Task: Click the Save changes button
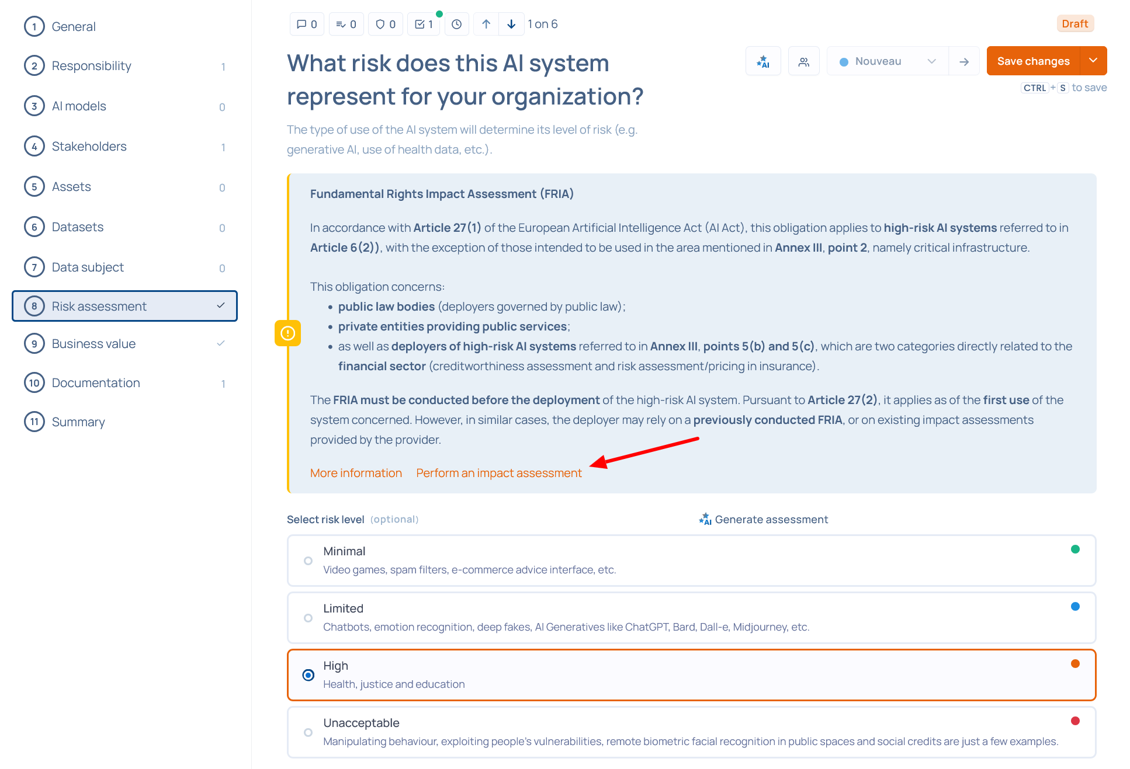[x=1033, y=61]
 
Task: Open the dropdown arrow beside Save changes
[x=1094, y=61]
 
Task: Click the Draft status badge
[x=1075, y=24]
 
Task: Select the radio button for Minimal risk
[x=308, y=561]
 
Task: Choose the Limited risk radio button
[x=308, y=618]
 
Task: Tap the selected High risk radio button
[x=309, y=676]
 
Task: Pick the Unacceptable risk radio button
[x=308, y=733]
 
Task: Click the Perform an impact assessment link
[x=499, y=473]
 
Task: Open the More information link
[x=356, y=473]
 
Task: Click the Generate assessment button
[x=764, y=519]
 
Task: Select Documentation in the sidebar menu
[x=96, y=383]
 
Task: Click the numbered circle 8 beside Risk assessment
[x=34, y=306]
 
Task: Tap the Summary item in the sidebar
[x=78, y=422]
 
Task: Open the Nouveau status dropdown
[x=887, y=61]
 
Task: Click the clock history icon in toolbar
[x=457, y=24]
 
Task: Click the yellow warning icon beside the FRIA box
[x=287, y=333]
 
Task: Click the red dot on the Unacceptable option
[x=1075, y=721]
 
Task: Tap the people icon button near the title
[x=804, y=61]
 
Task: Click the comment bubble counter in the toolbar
[x=307, y=24]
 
